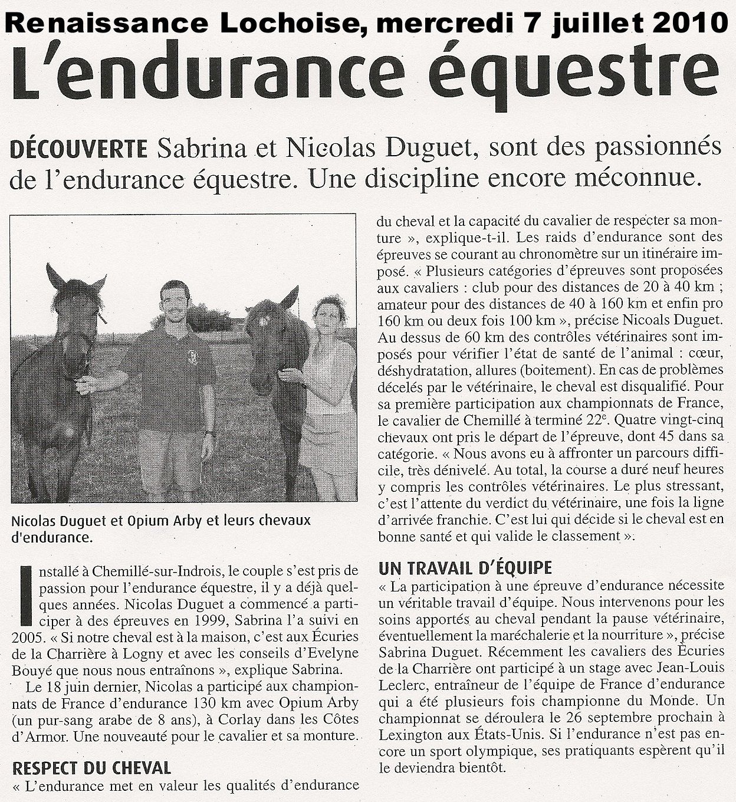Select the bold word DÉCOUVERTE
pyautogui.click(x=79, y=150)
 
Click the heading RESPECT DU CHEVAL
pyautogui.click(x=91, y=768)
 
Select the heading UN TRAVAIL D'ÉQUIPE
pyautogui.click(x=465, y=568)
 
